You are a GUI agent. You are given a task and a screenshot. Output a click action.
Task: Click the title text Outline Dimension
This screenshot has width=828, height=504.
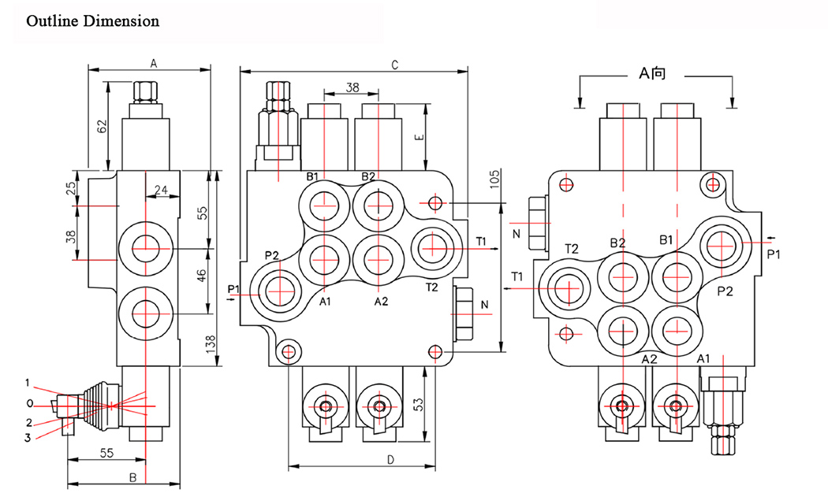pos(93,21)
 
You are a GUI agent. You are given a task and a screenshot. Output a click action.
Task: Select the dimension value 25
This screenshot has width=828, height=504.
pos(71,188)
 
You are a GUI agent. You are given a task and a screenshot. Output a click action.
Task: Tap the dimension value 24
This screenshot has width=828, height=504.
pos(162,190)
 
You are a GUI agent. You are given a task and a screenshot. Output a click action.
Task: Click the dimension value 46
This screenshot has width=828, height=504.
pos(201,275)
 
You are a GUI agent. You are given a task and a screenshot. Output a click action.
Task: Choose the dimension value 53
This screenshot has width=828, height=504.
pos(419,405)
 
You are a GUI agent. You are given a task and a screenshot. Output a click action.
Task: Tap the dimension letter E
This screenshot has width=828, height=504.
pos(419,136)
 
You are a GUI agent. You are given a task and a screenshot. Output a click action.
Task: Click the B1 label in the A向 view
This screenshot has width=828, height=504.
pos(667,239)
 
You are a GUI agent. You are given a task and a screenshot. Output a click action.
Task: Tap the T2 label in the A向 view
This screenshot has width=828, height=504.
pos(572,249)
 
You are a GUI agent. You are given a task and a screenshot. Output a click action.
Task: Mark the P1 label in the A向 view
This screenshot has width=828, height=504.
pos(774,254)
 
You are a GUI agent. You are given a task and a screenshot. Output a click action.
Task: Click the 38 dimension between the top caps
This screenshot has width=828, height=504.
pos(352,87)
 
